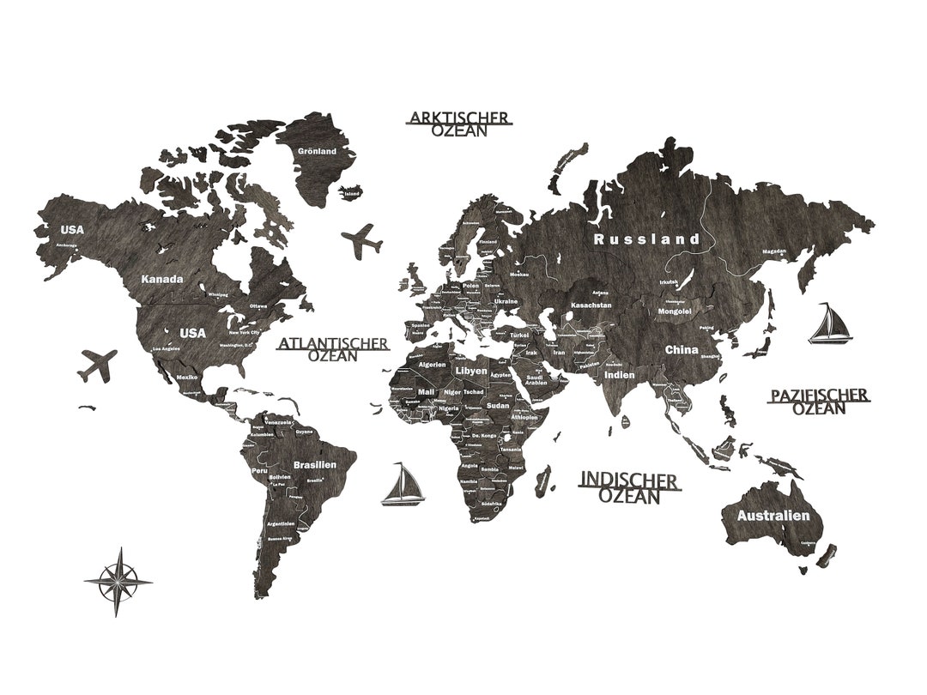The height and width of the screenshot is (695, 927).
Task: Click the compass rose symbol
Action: click(x=118, y=581)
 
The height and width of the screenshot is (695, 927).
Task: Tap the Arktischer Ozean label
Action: click(x=459, y=124)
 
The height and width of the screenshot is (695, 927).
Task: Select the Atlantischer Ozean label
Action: click(x=333, y=349)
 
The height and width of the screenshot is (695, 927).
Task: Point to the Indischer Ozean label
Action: click(x=629, y=487)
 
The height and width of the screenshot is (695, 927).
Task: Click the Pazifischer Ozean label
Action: click(x=819, y=402)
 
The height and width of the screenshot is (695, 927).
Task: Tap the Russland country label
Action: click(x=647, y=239)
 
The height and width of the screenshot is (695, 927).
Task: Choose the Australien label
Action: click(x=773, y=516)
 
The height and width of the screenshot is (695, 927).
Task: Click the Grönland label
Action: click(x=317, y=151)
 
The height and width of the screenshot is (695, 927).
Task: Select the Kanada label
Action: click(x=162, y=279)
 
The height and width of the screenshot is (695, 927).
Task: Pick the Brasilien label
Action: click(x=313, y=464)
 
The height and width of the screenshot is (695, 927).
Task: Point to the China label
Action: click(x=682, y=350)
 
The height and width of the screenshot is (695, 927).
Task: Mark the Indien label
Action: click(x=619, y=375)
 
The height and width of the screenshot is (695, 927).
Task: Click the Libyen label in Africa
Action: click(x=470, y=370)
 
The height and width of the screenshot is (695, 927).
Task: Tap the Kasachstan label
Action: click(x=591, y=305)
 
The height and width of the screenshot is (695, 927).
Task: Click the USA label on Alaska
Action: click(x=72, y=229)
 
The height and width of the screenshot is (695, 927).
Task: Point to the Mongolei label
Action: click(x=675, y=311)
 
